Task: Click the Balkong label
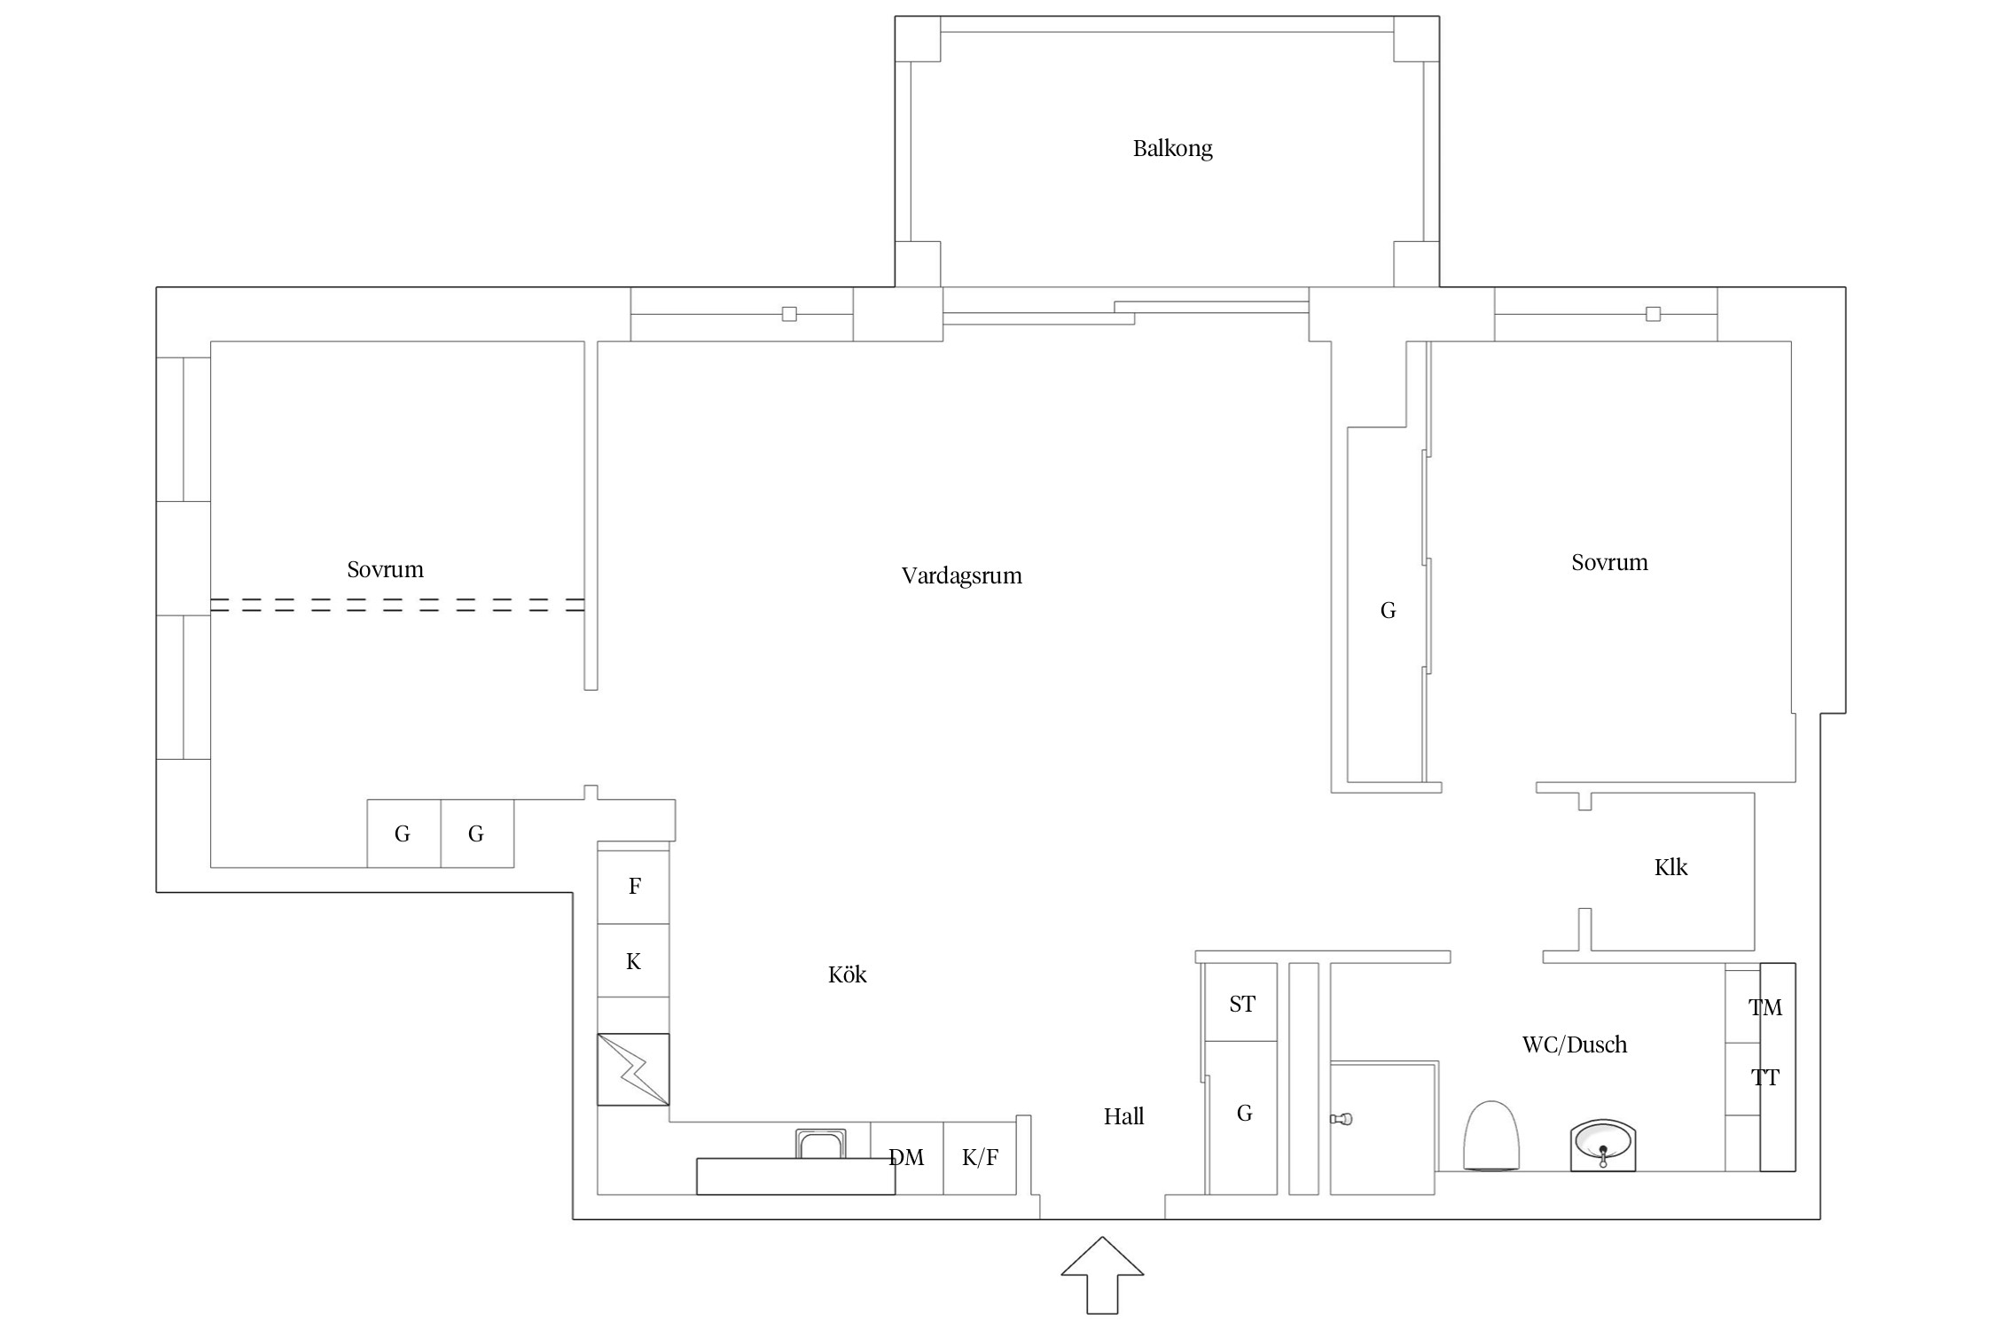(1172, 148)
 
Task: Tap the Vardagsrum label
(961, 576)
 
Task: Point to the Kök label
(847, 974)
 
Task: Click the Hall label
(1123, 1116)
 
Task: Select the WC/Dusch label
(1574, 1044)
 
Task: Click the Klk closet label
(1670, 867)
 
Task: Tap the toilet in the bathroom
(1491, 1136)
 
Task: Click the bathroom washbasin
(1602, 1146)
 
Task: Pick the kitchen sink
(820, 1144)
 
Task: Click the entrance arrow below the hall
(1102, 1275)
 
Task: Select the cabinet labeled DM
(906, 1158)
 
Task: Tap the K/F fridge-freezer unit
(980, 1158)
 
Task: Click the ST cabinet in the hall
(1241, 1003)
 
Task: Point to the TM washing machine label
(1764, 1007)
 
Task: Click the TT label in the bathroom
(1764, 1078)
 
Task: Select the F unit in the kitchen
(633, 887)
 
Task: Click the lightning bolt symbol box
(633, 1069)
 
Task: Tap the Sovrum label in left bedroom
(385, 569)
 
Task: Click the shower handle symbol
(1342, 1119)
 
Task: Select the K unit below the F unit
(633, 961)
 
